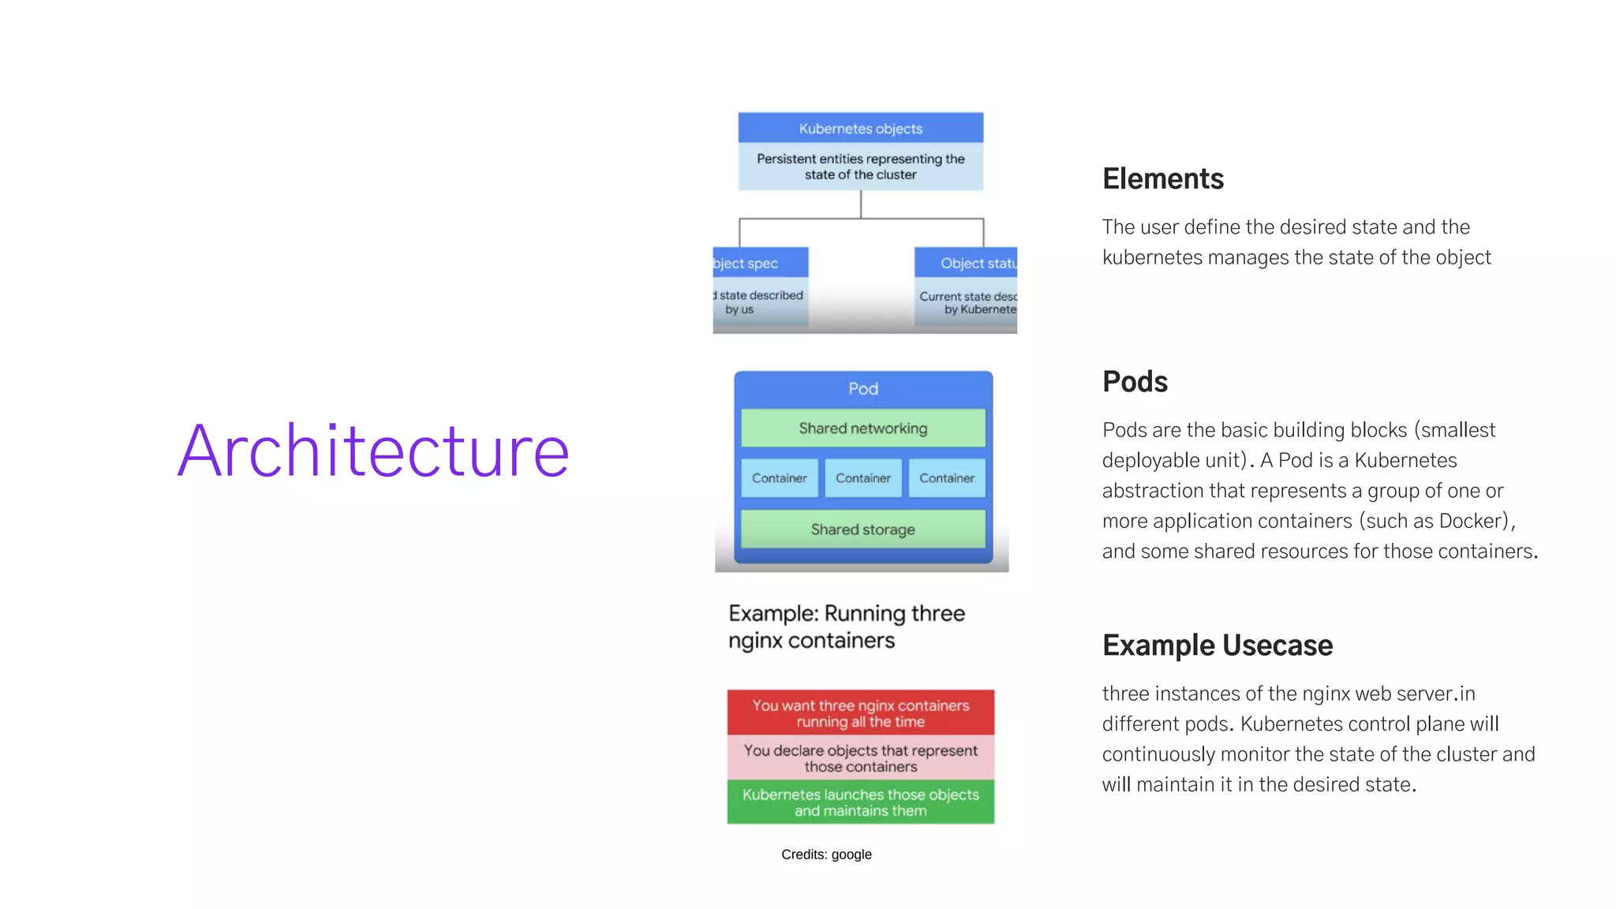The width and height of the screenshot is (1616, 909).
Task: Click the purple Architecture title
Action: click(373, 451)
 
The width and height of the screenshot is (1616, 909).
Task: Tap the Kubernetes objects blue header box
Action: click(860, 129)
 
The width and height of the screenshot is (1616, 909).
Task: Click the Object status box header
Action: click(967, 263)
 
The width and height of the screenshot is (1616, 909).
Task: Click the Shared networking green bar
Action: click(862, 428)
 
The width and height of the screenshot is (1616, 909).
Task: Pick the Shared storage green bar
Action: click(862, 529)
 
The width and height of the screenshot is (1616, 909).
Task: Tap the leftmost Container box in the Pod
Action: click(779, 478)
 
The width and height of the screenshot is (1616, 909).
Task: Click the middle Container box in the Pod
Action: click(862, 478)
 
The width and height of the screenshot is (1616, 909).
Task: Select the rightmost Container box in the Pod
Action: click(946, 478)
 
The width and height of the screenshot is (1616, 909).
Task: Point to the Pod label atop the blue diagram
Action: click(862, 388)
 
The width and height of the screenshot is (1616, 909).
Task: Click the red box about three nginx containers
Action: click(860, 713)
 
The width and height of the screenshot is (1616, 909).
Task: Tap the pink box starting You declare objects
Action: click(860, 757)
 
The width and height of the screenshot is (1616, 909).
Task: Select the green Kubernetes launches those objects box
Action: click(860, 802)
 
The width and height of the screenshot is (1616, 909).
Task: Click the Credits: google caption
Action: click(826, 855)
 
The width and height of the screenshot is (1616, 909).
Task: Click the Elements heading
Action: click(1162, 179)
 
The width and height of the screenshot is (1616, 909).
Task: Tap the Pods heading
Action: click(1135, 382)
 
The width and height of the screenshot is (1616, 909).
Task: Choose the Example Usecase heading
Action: click(1217, 645)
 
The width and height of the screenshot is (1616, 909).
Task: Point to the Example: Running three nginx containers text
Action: click(846, 627)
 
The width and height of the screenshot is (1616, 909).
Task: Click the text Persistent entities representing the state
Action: click(860, 166)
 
